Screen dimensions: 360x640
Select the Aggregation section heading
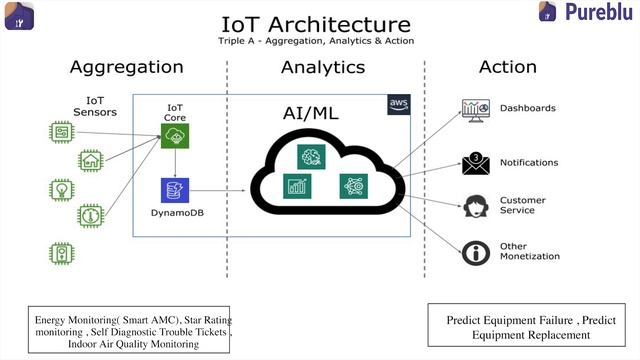126,67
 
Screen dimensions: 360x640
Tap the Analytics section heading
322,67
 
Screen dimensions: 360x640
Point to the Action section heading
508,67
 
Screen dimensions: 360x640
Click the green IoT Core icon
176,137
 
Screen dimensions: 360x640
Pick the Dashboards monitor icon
474,108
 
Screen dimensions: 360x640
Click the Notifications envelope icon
474,161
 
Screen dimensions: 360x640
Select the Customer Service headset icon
474,206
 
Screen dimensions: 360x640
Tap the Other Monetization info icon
474,251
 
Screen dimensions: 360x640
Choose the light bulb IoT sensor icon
62,187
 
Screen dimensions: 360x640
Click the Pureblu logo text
598,13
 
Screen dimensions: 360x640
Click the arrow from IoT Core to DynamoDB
176,162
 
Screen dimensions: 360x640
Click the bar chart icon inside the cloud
297,185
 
